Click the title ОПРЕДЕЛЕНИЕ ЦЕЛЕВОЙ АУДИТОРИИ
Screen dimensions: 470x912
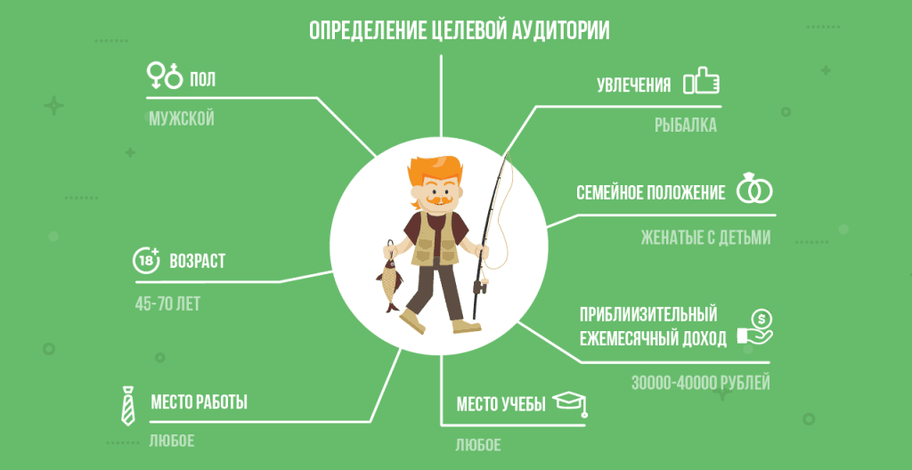click(x=460, y=30)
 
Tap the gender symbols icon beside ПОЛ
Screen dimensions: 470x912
click(x=164, y=76)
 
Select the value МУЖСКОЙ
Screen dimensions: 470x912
click(x=182, y=118)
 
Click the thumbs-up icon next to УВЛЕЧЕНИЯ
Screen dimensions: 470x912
click(x=701, y=83)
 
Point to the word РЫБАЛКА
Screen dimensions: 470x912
click(x=685, y=126)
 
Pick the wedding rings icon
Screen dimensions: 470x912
click(x=753, y=190)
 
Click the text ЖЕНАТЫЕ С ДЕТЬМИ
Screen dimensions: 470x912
click(x=705, y=238)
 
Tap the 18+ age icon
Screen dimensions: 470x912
click(x=146, y=260)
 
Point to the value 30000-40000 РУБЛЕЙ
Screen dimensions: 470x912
click(x=700, y=384)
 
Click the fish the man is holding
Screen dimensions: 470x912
click(x=389, y=277)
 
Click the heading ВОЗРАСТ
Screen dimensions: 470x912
click(x=197, y=262)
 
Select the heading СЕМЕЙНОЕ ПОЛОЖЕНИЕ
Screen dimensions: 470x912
click(x=650, y=192)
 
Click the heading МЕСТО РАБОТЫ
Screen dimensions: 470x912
click(x=199, y=402)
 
